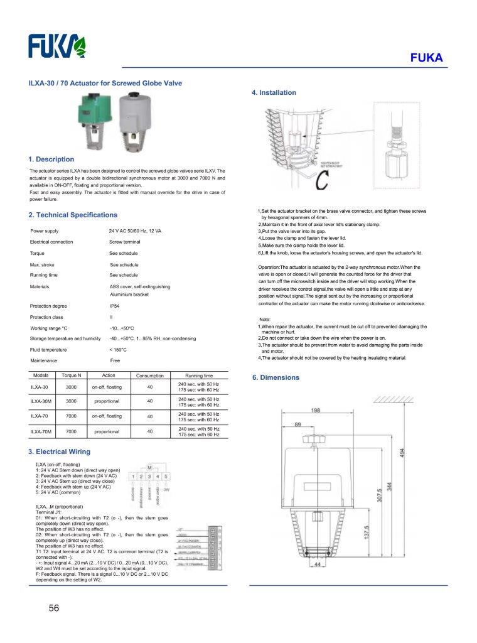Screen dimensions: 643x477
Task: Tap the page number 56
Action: tap(54, 607)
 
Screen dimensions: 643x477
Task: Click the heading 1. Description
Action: tap(51, 159)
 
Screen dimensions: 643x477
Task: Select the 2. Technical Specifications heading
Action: tap(73, 215)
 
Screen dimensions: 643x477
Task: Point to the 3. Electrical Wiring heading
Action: tap(59, 451)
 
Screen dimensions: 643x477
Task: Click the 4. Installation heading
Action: tap(274, 93)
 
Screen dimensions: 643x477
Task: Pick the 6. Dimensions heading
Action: tap(276, 377)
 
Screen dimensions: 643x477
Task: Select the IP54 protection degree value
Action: tap(115, 305)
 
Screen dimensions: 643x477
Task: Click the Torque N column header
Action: tap(71, 376)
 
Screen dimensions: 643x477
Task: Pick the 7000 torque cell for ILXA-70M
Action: tap(71, 432)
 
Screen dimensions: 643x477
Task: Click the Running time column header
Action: tap(199, 376)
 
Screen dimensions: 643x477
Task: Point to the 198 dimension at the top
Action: tap(316, 410)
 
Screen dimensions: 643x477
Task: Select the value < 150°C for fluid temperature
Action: tap(118, 349)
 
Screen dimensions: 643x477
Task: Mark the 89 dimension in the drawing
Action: tap(297, 425)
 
